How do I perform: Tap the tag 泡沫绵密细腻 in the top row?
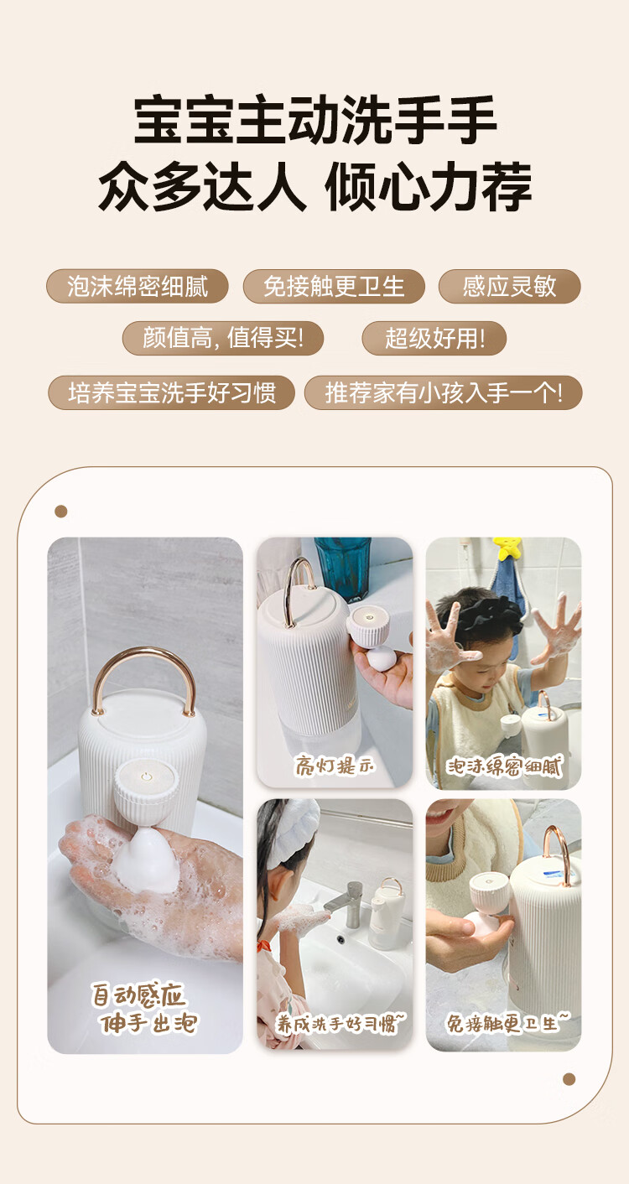[x=138, y=286]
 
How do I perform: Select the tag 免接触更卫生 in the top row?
[x=334, y=286]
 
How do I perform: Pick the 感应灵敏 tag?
[x=510, y=286]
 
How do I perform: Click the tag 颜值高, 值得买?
[x=222, y=338]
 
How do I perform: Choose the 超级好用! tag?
[x=434, y=338]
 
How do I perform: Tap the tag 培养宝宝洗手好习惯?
[x=171, y=392]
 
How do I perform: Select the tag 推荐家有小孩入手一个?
[x=443, y=392]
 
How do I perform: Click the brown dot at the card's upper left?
[x=60, y=512]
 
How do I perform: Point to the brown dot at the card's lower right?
[x=569, y=1079]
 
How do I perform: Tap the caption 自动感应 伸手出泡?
[x=143, y=1008]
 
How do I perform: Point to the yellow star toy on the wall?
[x=507, y=548]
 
